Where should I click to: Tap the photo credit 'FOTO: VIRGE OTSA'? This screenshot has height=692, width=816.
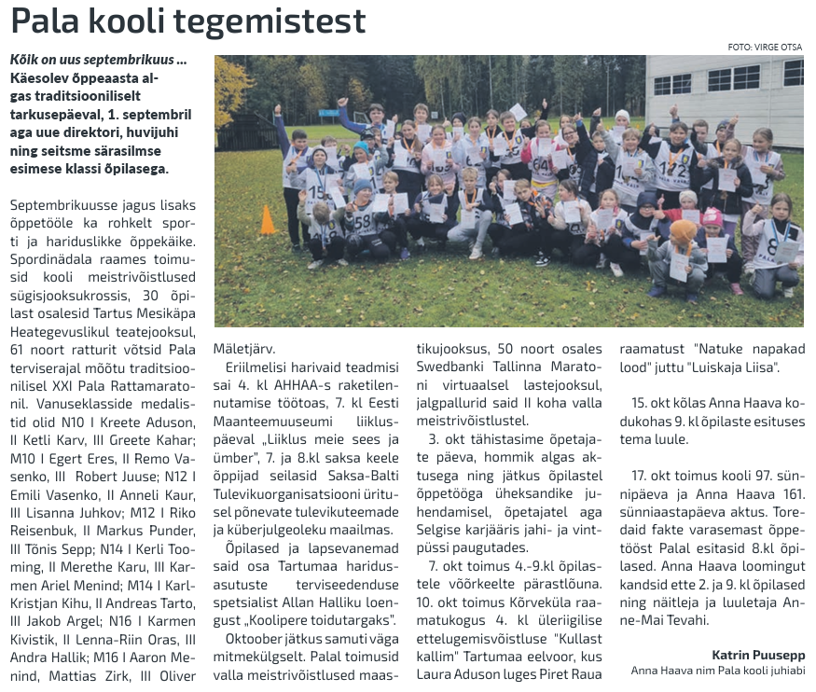pyautogui.click(x=765, y=47)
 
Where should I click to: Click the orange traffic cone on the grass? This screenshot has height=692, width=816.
pyautogui.click(x=268, y=220)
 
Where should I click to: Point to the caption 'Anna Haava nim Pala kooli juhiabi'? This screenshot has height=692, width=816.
pyautogui.click(x=717, y=670)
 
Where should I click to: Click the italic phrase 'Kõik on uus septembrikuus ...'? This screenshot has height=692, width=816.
pyautogui.click(x=98, y=60)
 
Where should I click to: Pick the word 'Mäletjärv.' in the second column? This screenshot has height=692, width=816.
pyautogui.click(x=245, y=348)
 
